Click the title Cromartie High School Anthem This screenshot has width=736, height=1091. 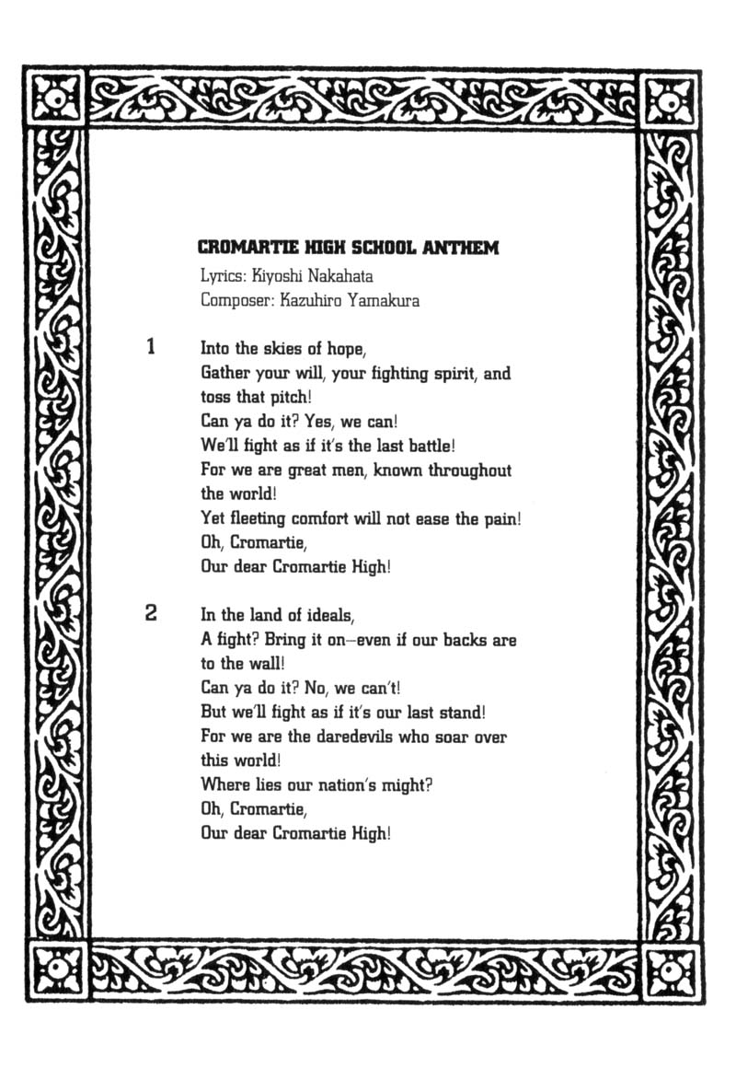coord(349,248)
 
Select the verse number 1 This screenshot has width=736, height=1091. coord(151,348)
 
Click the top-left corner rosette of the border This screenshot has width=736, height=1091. coord(57,98)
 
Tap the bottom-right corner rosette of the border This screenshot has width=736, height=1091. coord(669,969)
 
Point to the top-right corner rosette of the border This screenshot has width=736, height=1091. coord(669,98)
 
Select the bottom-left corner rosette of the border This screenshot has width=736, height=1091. coord(57,969)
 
